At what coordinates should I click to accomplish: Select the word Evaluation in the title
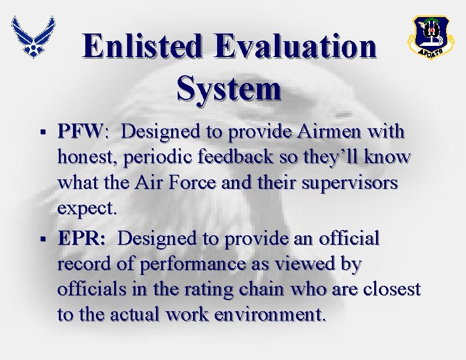[x=295, y=46]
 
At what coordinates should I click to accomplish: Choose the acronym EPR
[x=82, y=239]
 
